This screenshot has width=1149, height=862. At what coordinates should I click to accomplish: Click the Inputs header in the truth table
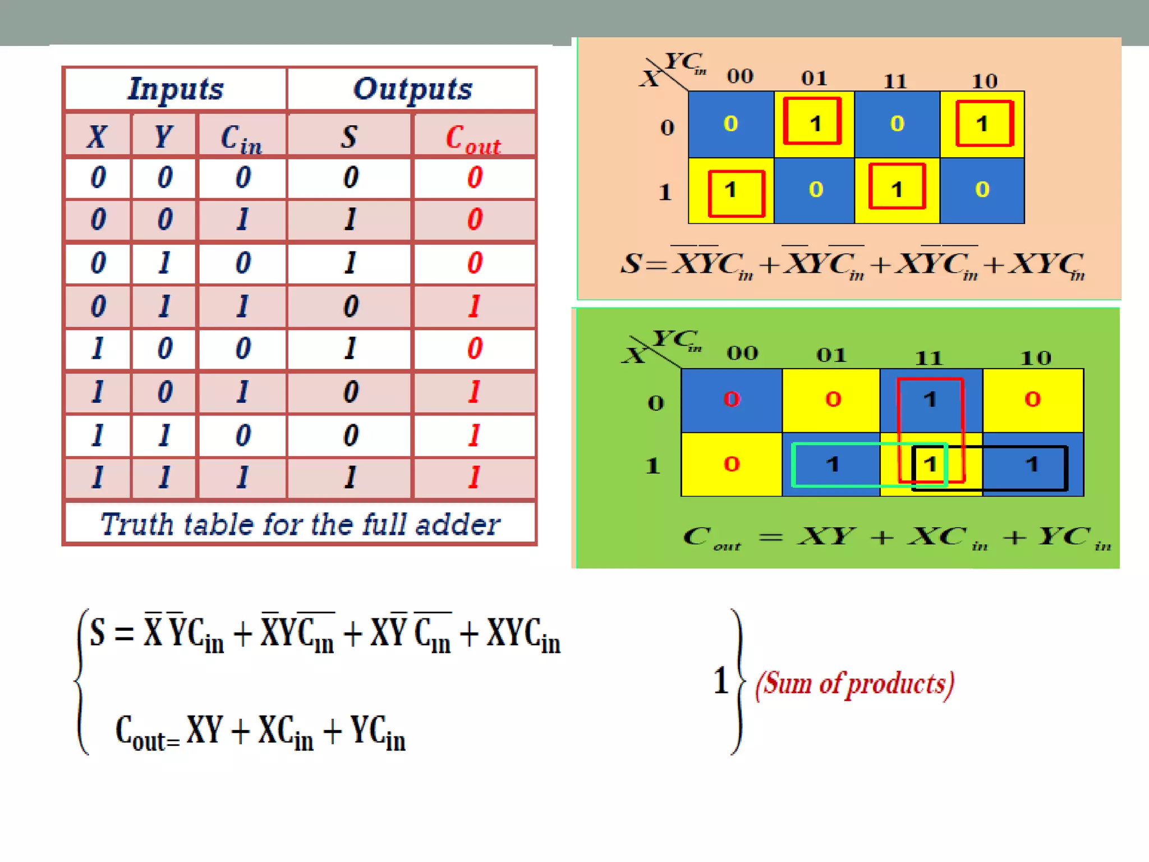pyautogui.click(x=176, y=89)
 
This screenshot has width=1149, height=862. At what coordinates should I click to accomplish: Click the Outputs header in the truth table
pyautogui.click(x=412, y=89)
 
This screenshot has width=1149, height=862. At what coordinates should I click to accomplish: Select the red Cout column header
pyautogui.click(x=473, y=137)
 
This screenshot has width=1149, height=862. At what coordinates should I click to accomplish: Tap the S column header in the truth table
pyautogui.click(x=349, y=136)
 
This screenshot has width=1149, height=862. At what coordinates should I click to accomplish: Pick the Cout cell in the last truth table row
pyautogui.click(x=474, y=478)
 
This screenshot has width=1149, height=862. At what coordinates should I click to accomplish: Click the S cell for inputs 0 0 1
pyautogui.click(x=350, y=219)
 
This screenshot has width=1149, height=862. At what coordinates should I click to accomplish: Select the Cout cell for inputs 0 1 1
pyautogui.click(x=474, y=306)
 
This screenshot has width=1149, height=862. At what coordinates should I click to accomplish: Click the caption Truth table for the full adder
pyautogui.click(x=300, y=524)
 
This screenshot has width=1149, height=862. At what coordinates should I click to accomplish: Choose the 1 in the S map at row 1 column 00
pyautogui.click(x=730, y=190)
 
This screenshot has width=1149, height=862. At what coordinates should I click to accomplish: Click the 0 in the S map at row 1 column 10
pyautogui.click(x=982, y=190)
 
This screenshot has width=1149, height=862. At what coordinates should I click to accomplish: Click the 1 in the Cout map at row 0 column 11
pyautogui.click(x=930, y=400)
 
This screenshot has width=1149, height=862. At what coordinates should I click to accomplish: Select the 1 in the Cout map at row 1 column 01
pyautogui.click(x=833, y=464)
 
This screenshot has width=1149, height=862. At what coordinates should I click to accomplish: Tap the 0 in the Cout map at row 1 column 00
pyautogui.click(x=732, y=464)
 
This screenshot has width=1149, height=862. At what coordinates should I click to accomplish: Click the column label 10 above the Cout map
pyautogui.click(x=1035, y=358)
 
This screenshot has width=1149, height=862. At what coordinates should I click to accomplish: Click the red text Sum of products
pyautogui.click(x=854, y=684)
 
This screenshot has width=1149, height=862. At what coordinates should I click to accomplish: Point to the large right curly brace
pyautogui.click(x=738, y=682)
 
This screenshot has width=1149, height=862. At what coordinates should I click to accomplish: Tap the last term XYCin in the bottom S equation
pyautogui.click(x=523, y=634)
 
